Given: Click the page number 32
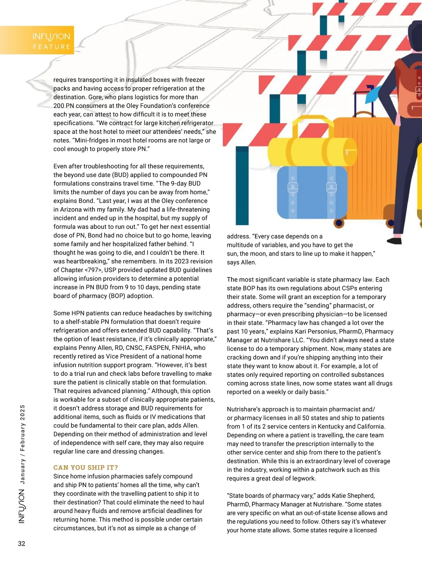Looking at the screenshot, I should (21, 544).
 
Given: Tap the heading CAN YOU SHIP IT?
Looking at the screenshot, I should (85, 467).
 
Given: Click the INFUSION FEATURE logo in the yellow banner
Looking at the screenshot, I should (51, 40).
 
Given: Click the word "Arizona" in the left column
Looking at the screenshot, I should (73, 210).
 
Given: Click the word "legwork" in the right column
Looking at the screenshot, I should (303, 479).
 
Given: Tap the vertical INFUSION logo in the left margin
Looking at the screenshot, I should (22, 506).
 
